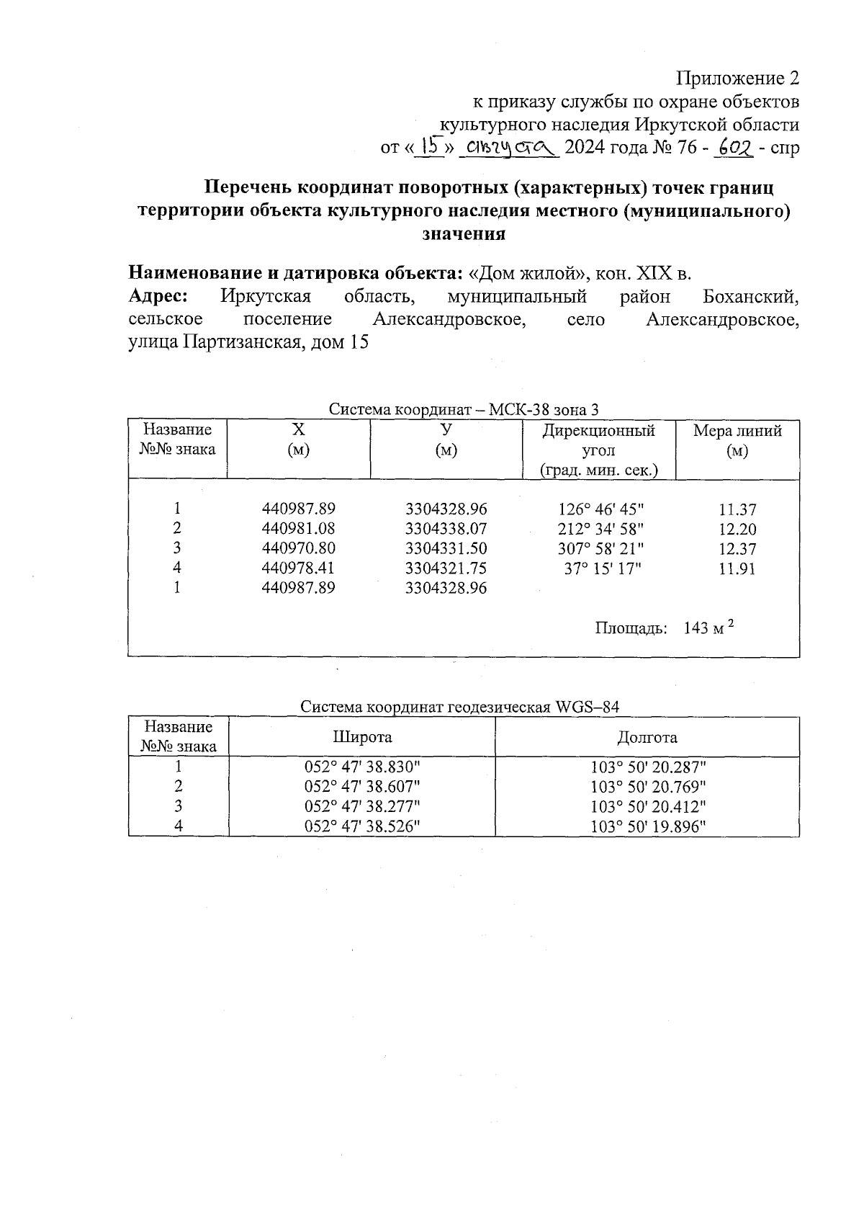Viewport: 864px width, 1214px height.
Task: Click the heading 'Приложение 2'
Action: click(737, 78)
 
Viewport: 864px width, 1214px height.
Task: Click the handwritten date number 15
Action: click(431, 148)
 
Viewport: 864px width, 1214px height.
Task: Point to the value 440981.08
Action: click(298, 529)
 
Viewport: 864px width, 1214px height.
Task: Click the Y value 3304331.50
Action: click(446, 548)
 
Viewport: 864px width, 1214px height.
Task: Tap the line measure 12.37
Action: click(737, 548)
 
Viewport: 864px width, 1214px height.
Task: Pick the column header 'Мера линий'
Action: click(737, 431)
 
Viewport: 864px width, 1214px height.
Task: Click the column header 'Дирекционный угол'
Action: click(598, 441)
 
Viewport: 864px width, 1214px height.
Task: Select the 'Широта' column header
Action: click(362, 737)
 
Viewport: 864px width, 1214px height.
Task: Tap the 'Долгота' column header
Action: click(647, 737)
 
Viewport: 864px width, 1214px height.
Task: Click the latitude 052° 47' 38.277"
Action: click(362, 806)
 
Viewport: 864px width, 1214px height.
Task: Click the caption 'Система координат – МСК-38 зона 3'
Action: click(464, 410)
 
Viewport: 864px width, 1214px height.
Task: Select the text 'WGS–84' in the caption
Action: click(588, 707)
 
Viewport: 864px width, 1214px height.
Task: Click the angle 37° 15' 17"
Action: click(603, 568)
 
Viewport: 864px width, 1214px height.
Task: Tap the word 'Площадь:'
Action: click(631, 628)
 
